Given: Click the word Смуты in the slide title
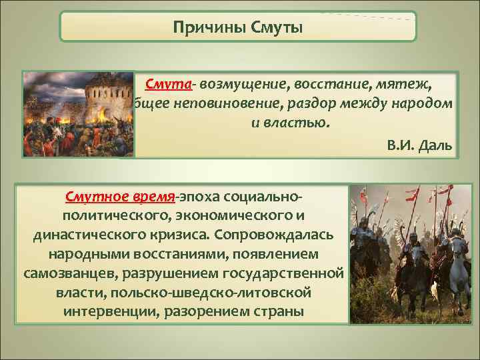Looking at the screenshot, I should [276, 28].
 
